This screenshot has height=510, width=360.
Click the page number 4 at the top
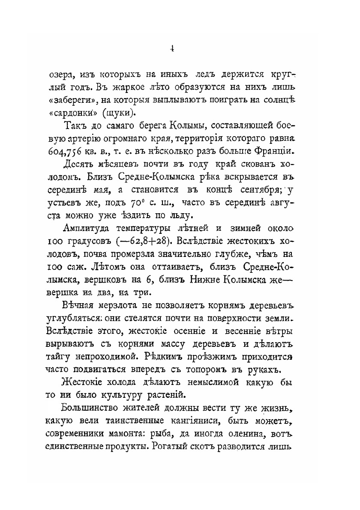coord(171,49)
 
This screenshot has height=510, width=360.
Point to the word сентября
coord(255,190)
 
